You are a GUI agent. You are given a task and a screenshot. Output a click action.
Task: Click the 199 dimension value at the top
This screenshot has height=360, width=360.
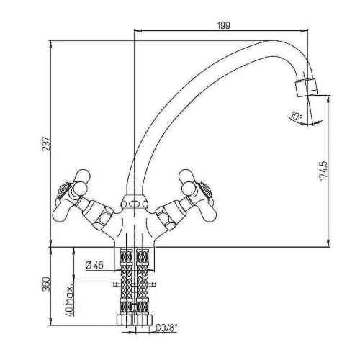pos(223,25)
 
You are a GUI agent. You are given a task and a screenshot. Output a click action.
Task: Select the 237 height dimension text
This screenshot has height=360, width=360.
pos(46,143)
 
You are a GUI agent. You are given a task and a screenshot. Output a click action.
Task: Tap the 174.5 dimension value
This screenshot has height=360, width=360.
pos(323,171)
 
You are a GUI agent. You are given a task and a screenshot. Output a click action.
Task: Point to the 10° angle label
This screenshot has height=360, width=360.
pos(297,116)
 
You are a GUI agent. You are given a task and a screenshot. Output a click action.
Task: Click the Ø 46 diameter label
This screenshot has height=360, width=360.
pos(94,265)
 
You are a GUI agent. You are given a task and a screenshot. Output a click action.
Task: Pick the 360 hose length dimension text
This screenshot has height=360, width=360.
pos(46,284)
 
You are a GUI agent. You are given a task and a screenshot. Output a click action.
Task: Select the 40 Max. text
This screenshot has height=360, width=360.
pos(70,301)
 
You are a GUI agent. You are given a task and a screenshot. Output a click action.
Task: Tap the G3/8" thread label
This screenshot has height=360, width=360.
pos(166,328)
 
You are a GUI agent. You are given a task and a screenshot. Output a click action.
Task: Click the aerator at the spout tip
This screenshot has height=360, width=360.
pos(306,87)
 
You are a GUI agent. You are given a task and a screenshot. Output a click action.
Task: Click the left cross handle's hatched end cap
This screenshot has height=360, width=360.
pos(63,189)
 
